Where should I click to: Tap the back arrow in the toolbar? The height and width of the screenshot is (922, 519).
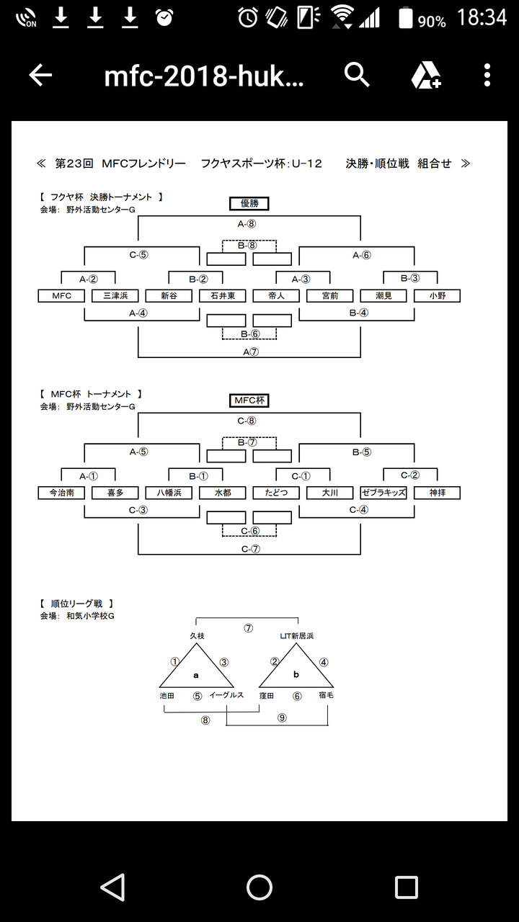[x=40, y=75]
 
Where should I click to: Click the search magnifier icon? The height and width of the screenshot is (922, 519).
[x=357, y=74]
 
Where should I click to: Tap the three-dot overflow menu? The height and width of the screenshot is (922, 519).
[x=487, y=75]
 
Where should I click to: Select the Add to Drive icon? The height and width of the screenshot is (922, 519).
[x=426, y=76]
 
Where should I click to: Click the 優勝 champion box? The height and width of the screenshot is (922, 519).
[x=249, y=203]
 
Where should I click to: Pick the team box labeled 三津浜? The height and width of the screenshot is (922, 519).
[x=115, y=296]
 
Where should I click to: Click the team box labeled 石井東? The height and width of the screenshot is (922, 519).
[x=223, y=296]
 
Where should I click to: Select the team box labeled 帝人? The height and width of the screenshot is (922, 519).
[x=276, y=296]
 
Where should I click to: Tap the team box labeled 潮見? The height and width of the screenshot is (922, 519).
[x=383, y=296]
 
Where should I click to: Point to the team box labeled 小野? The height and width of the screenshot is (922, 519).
[x=437, y=296]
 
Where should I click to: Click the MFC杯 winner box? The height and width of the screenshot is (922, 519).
[x=249, y=400]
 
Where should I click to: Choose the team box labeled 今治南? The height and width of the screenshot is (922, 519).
[x=61, y=493]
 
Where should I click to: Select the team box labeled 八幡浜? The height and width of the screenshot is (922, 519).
[x=169, y=493]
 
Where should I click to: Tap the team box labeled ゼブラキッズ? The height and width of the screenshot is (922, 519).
[x=383, y=493]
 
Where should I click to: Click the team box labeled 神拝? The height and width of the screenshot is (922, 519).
[x=437, y=493]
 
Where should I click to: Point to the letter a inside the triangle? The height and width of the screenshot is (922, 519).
[x=196, y=675]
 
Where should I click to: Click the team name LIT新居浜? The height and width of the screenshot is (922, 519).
[x=296, y=636]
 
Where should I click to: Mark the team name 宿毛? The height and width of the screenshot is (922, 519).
[x=326, y=695]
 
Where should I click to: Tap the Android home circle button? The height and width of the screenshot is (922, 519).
[x=259, y=887]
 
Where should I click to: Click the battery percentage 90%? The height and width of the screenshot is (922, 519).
[x=432, y=22]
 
